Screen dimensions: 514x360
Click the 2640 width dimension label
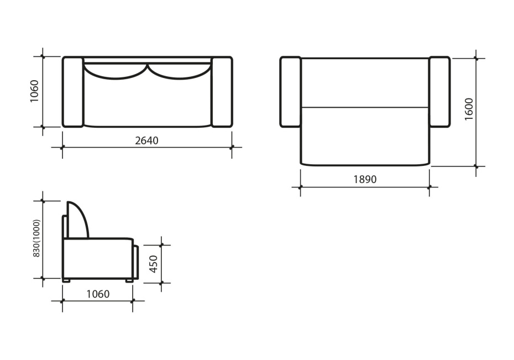click(x=146, y=140)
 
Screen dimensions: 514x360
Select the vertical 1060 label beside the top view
click(x=34, y=91)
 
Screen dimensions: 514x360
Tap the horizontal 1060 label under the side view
click(x=98, y=294)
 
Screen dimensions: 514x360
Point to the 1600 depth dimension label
click(x=469, y=109)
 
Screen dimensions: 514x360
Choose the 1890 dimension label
click(x=365, y=179)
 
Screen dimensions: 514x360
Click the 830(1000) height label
click(x=36, y=238)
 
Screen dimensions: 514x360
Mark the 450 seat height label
click(x=154, y=264)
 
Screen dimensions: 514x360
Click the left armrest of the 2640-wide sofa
click(x=73, y=92)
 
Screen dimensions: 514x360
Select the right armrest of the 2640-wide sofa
click(x=222, y=92)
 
